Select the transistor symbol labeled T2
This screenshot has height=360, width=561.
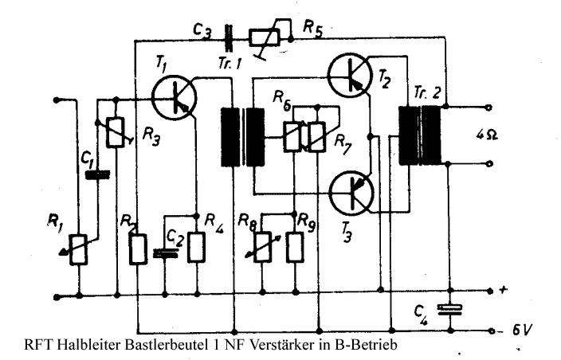point(351,73)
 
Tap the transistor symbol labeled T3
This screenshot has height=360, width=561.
point(351,191)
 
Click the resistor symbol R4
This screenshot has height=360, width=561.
point(195,248)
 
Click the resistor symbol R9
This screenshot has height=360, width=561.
point(296,248)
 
